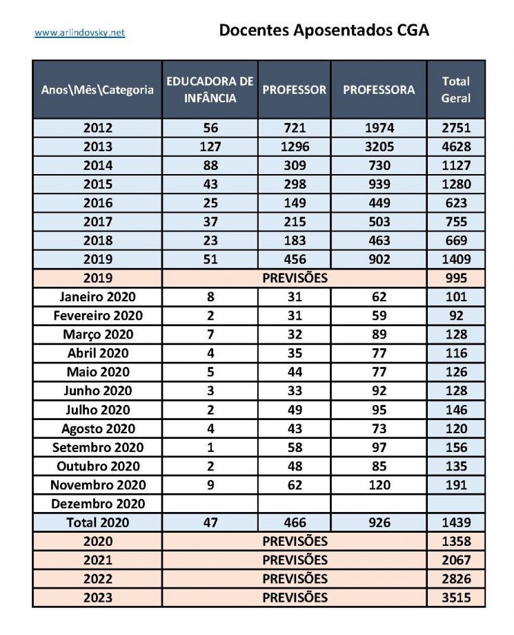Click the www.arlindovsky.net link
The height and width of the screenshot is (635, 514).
click(79, 32)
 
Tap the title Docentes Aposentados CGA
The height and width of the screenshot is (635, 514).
click(324, 30)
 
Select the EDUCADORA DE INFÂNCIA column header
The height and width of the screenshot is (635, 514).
click(210, 90)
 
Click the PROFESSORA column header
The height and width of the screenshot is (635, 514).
click(379, 90)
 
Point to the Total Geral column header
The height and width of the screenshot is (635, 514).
click(455, 90)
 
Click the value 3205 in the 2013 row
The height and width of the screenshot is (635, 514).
click(379, 146)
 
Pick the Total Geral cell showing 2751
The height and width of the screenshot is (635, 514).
click(455, 128)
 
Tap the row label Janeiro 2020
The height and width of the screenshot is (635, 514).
click(97, 297)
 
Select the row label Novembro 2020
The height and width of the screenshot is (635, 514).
click(97, 485)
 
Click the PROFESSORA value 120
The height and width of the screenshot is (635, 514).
click(379, 485)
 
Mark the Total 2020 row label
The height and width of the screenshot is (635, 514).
click(97, 522)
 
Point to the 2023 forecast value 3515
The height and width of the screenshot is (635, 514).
click(455, 597)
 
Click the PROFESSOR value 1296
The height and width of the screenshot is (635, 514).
click(295, 146)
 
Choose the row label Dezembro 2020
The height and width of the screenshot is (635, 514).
click(97, 504)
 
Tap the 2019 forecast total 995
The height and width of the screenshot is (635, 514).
click(455, 278)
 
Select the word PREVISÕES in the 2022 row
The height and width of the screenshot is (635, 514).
click(295, 578)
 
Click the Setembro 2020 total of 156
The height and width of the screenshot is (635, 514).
click(455, 447)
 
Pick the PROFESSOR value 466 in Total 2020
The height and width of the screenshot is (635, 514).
click(295, 522)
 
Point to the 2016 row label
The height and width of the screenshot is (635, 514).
click(97, 203)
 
